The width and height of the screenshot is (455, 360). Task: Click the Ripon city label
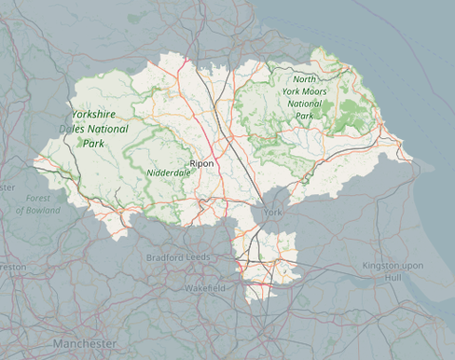tap(201, 163)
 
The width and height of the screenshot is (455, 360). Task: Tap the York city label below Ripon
tap(272, 214)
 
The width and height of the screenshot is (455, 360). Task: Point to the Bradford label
tap(164, 257)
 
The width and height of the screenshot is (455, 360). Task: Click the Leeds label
tap(198, 257)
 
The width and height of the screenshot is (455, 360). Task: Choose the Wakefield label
tap(204, 289)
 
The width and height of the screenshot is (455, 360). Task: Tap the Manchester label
tap(85, 344)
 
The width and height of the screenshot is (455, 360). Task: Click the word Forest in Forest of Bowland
tap(38, 198)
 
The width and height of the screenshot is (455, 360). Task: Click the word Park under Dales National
tap(93, 144)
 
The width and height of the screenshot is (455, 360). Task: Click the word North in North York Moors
tap(305, 79)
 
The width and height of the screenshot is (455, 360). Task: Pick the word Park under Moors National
tap(306, 116)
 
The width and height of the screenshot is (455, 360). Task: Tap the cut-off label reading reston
tap(11, 266)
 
